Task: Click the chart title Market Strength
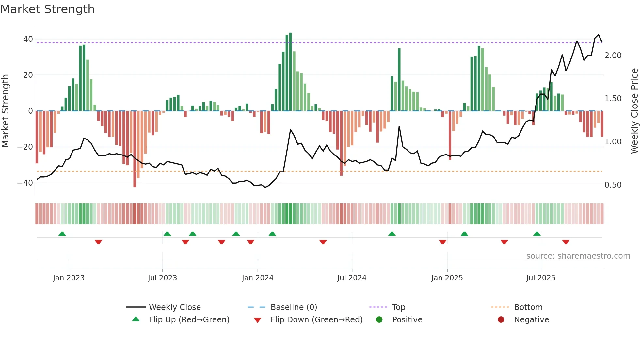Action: pos(47,9)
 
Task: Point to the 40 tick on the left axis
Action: pos(28,39)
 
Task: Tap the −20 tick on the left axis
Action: pos(25,147)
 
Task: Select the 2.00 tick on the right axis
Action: pos(613,56)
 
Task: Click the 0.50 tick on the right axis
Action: pos(613,185)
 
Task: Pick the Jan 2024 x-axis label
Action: pos(257,278)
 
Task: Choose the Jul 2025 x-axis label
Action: pos(540,278)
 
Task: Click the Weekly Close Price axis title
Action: pos(634,111)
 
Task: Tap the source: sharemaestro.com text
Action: pos(578,256)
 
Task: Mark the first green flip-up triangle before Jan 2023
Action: pos(62,234)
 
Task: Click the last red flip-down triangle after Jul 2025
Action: pos(566,242)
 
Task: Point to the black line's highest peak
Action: pos(599,35)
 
